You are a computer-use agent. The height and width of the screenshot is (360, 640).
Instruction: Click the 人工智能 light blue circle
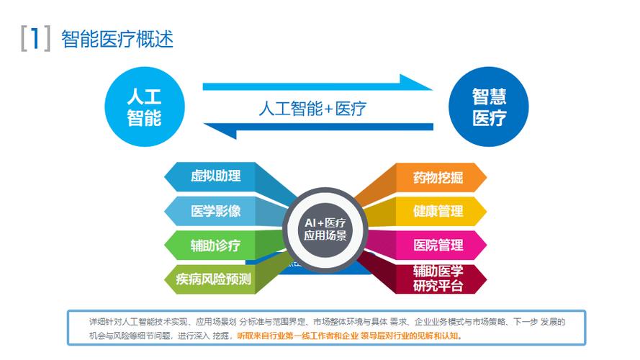[x=144, y=107]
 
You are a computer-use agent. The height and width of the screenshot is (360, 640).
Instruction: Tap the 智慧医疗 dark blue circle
[x=489, y=107]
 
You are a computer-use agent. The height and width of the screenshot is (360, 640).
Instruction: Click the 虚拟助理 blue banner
[x=215, y=176]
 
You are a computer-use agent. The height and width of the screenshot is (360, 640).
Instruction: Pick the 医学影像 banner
[x=215, y=211]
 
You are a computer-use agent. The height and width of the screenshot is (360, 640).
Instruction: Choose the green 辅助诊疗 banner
[x=215, y=246]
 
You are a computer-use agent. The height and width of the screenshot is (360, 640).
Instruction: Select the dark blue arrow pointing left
[x=317, y=130]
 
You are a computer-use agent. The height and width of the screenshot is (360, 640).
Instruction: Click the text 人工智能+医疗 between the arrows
[x=312, y=109]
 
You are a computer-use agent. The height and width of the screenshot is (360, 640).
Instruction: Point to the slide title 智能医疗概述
[x=117, y=38]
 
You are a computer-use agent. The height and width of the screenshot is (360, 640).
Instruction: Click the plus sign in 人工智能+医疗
[x=328, y=109]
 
